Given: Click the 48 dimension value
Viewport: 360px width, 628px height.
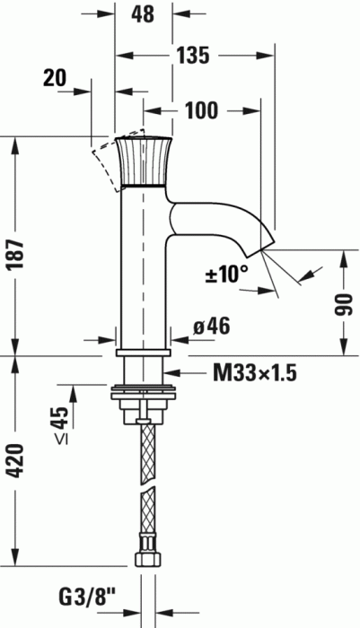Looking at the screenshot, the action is (x=143, y=14).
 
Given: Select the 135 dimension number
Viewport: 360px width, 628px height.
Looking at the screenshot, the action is (x=193, y=56).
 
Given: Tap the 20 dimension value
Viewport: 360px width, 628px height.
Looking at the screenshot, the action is (x=56, y=78).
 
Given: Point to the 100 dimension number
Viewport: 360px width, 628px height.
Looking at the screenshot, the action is (x=201, y=110).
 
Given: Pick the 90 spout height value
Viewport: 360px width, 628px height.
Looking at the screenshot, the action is (x=344, y=304).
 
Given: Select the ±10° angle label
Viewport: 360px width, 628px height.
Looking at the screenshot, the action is (x=227, y=275).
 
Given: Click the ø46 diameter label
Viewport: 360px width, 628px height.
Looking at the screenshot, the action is (x=212, y=327).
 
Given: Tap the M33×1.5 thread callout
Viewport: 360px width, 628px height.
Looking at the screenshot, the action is (x=255, y=373).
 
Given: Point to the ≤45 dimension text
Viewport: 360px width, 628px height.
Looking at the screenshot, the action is (x=62, y=425).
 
